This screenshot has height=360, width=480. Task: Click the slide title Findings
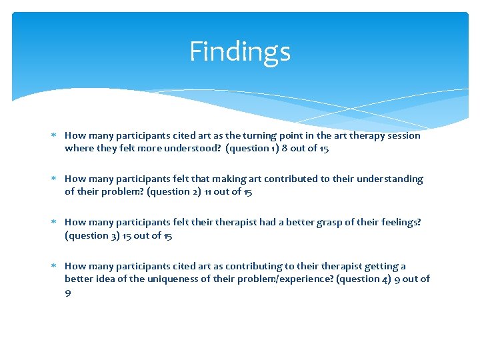(x=240, y=51)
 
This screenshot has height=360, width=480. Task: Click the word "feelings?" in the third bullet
(x=399, y=223)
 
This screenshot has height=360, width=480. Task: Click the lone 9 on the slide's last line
(x=68, y=292)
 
